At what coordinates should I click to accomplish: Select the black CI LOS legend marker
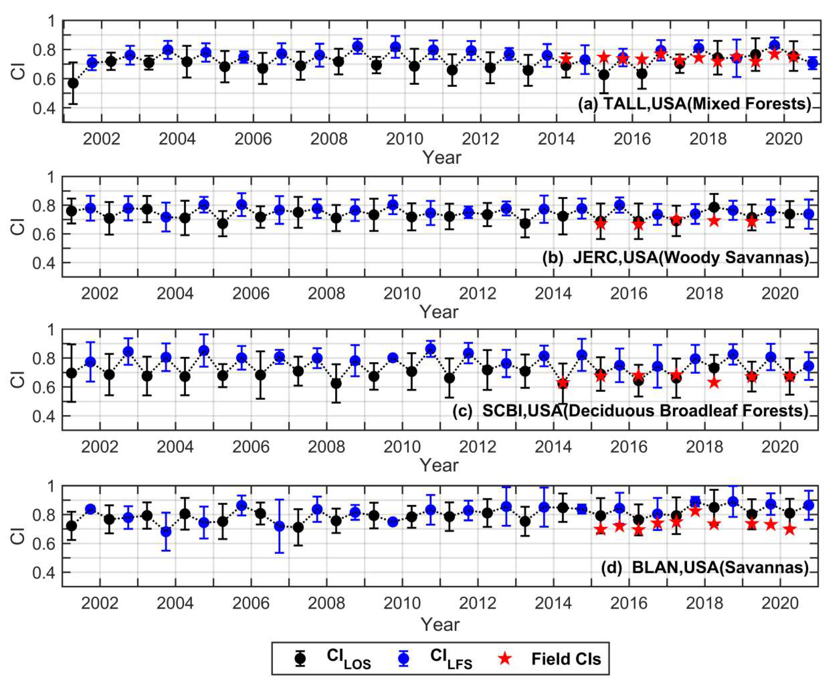301,658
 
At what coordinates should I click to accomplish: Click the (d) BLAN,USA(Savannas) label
705,568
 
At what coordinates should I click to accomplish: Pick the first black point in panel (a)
73,83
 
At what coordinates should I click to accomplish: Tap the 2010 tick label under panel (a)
405,139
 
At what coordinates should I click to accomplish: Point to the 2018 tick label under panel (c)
705,447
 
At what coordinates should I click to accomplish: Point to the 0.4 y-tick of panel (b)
44,263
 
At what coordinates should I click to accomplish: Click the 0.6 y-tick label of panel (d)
44,544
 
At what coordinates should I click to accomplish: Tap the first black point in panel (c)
71,373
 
